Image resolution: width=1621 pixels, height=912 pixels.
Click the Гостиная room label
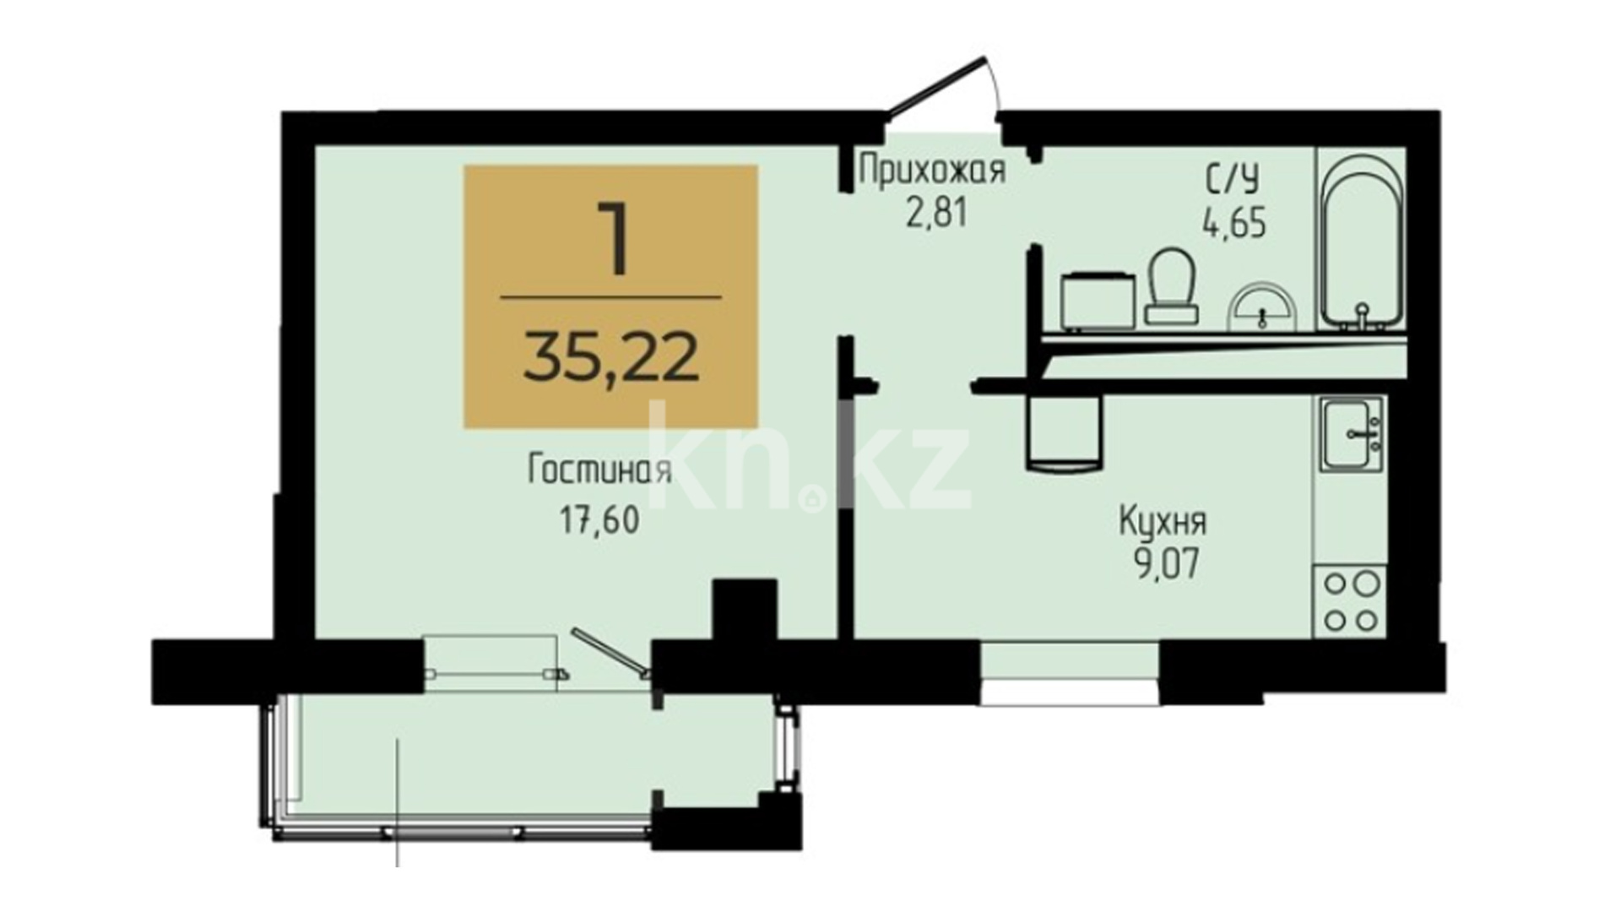click(x=599, y=470)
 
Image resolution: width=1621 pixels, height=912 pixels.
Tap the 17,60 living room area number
click(x=599, y=520)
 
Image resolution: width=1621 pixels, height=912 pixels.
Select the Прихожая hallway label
click(x=932, y=171)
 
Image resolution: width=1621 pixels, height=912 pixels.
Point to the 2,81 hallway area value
click(x=935, y=213)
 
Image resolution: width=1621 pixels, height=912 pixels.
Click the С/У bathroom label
click(x=1233, y=180)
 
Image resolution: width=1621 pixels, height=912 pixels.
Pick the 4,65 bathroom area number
click(x=1233, y=224)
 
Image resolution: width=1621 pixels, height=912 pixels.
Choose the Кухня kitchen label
click(x=1163, y=522)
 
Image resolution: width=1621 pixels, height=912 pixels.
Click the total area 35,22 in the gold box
click(x=611, y=356)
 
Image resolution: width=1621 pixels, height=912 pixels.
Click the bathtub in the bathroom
click(x=1362, y=239)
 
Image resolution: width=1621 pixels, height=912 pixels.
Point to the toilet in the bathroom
click(x=1172, y=285)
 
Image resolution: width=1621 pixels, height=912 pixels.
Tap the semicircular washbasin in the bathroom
click(x=1260, y=305)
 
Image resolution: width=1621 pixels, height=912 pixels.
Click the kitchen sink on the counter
click(x=1353, y=433)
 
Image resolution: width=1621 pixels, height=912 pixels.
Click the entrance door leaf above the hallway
click(x=936, y=85)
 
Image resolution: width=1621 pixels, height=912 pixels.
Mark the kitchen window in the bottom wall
click(x=1070, y=673)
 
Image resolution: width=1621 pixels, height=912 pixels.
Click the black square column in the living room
click(x=745, y=610)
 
